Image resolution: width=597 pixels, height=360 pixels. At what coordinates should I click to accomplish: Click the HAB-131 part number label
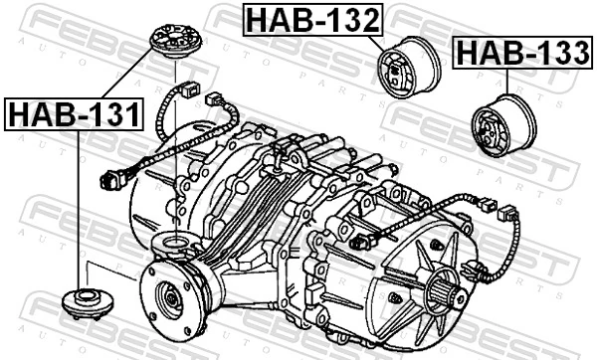tap(74, 114)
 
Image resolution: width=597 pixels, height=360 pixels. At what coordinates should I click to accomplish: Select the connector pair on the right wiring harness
tap(497, 210)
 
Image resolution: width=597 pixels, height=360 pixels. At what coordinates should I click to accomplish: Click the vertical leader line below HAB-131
tap(77, 209)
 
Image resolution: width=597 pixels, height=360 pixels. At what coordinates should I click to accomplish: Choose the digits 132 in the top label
tap(348, 18)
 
